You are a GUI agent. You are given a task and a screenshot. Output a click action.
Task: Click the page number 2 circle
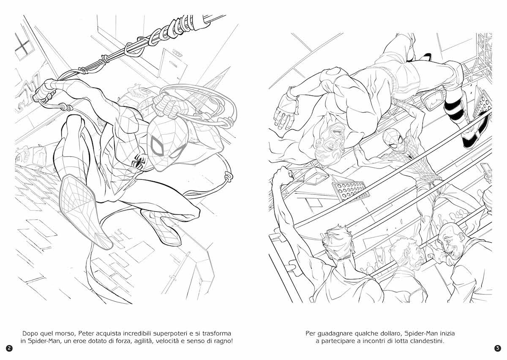[x=9, y=348]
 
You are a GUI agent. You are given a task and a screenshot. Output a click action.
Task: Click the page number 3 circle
[x=498, y=348]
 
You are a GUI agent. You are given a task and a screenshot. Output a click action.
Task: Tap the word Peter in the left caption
[x=86, y=333]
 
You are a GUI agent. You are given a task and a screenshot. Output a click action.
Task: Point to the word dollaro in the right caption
[x=390, y=333]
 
